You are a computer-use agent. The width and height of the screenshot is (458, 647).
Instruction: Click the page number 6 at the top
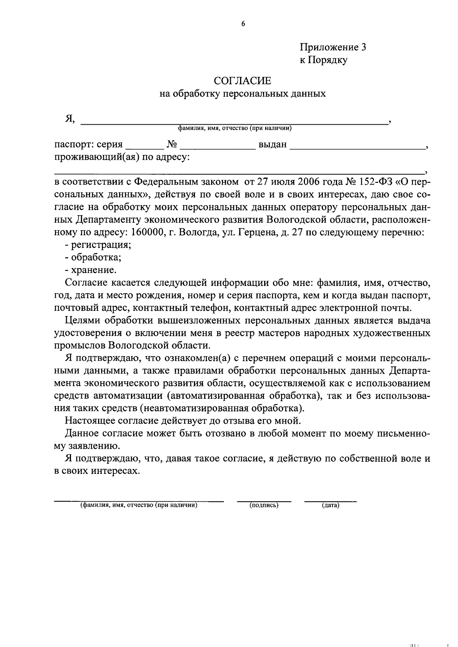pyautogui.click(x=243, y=24)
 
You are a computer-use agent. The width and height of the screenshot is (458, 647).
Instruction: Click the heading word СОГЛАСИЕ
pyautogui.click(x=242, y=81)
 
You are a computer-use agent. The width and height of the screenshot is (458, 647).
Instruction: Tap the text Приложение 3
pyautogui.click(x=333, y=47)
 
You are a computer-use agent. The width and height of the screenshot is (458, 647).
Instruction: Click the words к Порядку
pyautogui.click(x=323, y=60)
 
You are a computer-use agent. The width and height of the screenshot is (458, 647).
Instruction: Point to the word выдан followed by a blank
pyautogui.click(x=273, y=145)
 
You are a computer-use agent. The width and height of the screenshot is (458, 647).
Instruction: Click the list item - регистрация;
pyautogui.click(x=98, y=245)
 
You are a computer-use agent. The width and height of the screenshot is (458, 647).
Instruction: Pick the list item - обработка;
pyautogui.click(x=94, y=257)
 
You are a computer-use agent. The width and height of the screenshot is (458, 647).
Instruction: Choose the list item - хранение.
pyautogui.click(x=91, y=270)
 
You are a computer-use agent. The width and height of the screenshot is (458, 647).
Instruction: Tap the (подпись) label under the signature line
pyautogui.click(x=264, y=506)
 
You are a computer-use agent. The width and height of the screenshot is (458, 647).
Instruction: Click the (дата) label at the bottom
pyautogui.click(x=331, y=506)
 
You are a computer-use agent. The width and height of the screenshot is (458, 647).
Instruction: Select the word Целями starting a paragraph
pyautogui.click(x=82, y=321)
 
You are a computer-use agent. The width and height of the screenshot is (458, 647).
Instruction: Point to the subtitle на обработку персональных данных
pyautogui.click(x=242, y=94)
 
